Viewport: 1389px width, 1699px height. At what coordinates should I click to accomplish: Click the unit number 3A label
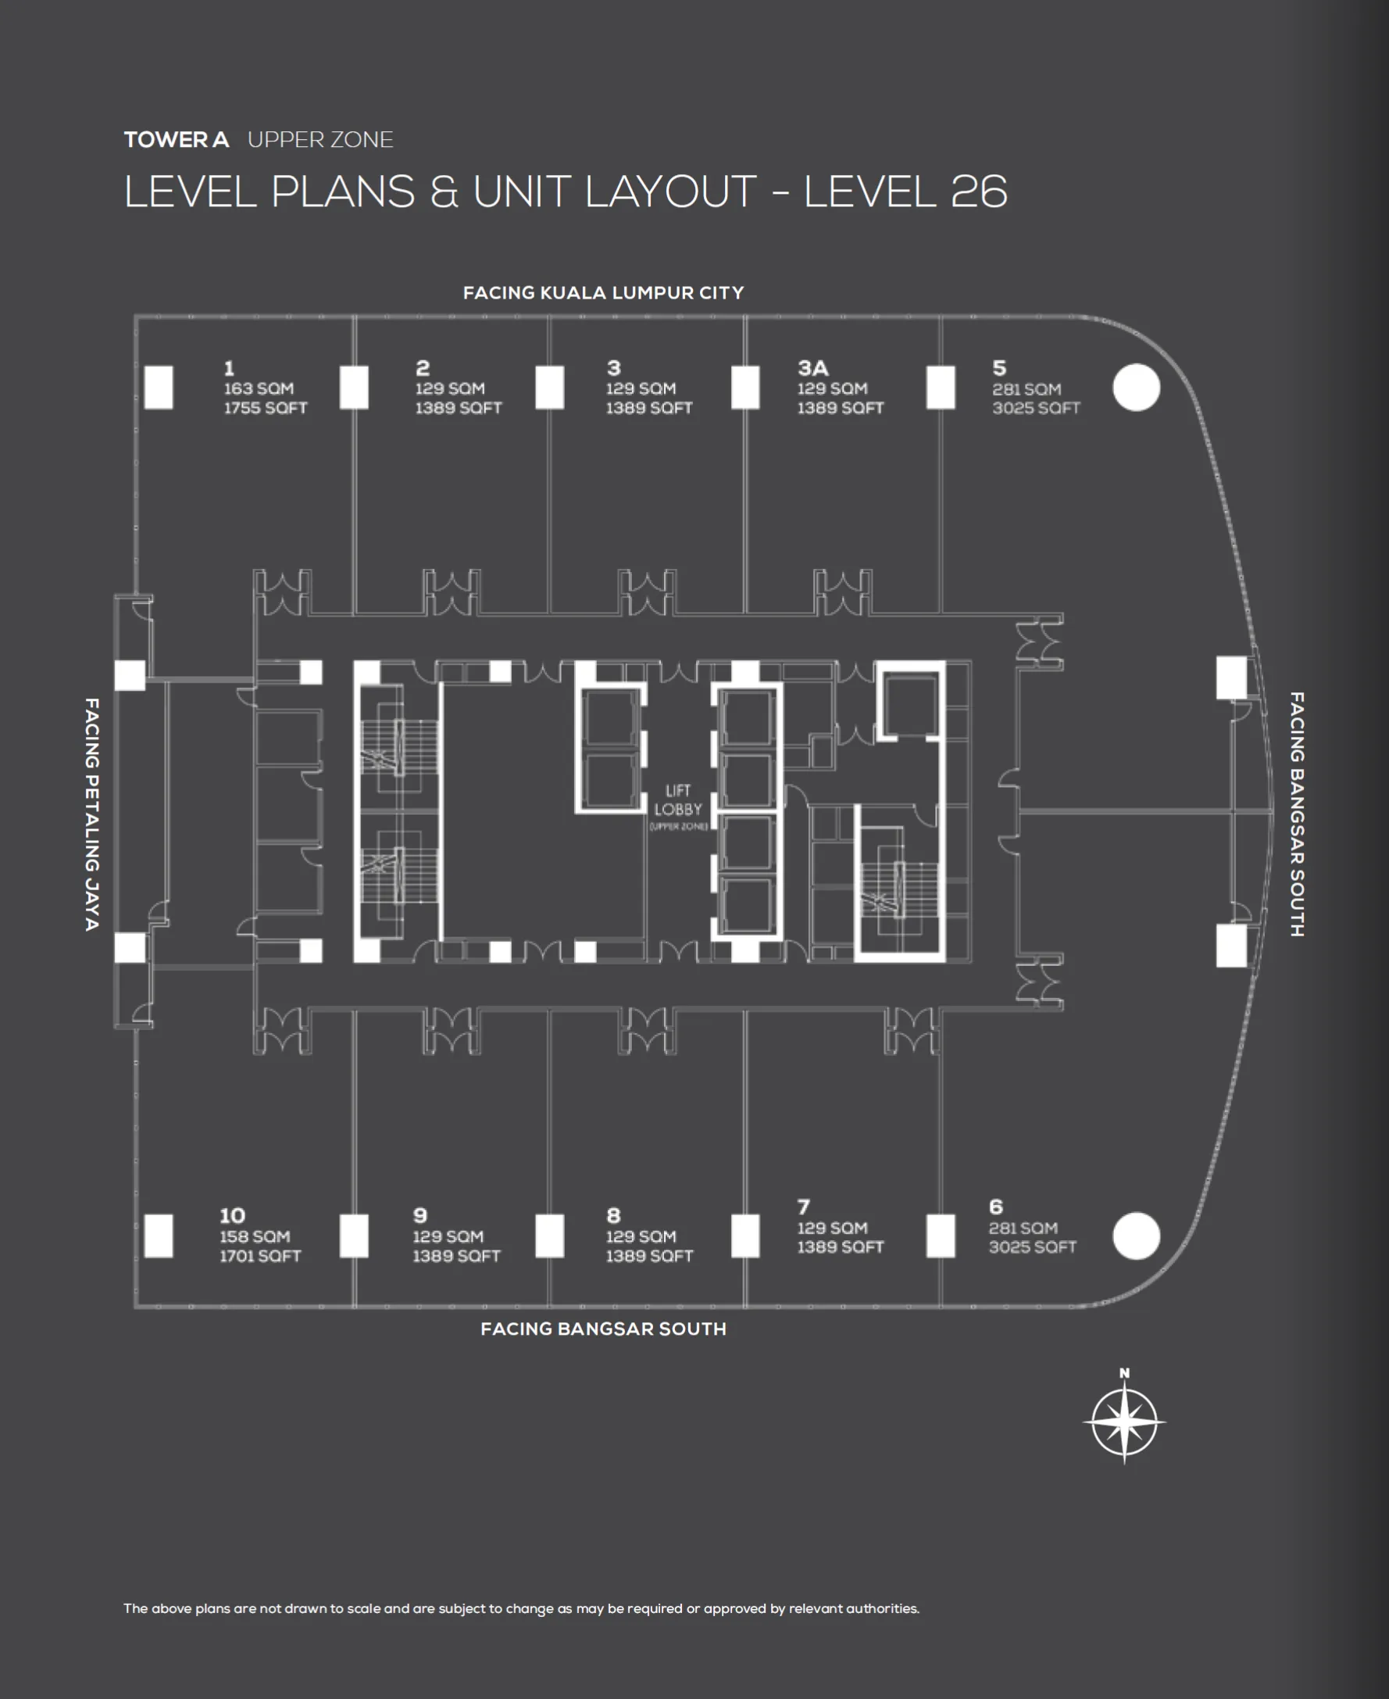pyautogui.click(x=812, y=368)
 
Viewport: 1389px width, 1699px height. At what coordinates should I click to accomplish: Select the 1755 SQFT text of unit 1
pyautogui.click(x=265, y=408)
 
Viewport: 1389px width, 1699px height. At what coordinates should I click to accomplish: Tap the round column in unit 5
pyautogui.click(x=1135, y=388)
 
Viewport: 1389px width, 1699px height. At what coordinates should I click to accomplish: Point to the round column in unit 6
pyautogui.click(x=1135, y=1235)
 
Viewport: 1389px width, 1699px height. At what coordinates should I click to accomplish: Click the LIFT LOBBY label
pyautogui.click(x=677, y=800)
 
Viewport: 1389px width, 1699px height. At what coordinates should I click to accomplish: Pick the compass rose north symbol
pyautogui.click(x=1123, y=1422)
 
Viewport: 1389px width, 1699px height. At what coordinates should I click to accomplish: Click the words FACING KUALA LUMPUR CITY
pyautogui.click(x=602, y=293)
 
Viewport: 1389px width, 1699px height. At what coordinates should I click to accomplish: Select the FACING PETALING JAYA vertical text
pyautogui.click(x=92, y=813)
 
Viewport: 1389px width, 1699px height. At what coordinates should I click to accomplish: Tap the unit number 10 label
pyautogui.click(x=232, y=1215)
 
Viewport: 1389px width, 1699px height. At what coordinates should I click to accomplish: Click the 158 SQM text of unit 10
pyautogui.click(x=255, y=1236)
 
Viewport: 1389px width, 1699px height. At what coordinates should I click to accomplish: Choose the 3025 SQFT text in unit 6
pyautogui.click(x=1032, y=1247)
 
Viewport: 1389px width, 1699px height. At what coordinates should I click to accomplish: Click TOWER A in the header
pyautogui.click(x=176, y=140)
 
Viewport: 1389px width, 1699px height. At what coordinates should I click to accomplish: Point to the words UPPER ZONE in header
pyautogui.click(x=320, y=140)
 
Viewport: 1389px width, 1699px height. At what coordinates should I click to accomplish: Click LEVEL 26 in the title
pyautogui.click(x=905, y=192)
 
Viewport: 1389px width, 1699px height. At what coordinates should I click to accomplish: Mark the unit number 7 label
pyautogui.click(x=803, y=1207)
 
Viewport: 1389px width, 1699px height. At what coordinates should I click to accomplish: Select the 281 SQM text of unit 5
pyautogui.click(x=1027, y=389)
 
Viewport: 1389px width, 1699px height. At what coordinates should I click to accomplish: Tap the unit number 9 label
pyautogui.click(x=420, y=1215)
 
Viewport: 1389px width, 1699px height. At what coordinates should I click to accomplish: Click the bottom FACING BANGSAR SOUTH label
pyautogui.click(x=602, y=1329)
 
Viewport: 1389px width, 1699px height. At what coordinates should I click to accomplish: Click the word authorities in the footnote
pyautogui.click(x=887, y=1608)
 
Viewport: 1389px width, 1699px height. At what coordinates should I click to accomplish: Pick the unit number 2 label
pyautogui.click(x=423, y=368)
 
